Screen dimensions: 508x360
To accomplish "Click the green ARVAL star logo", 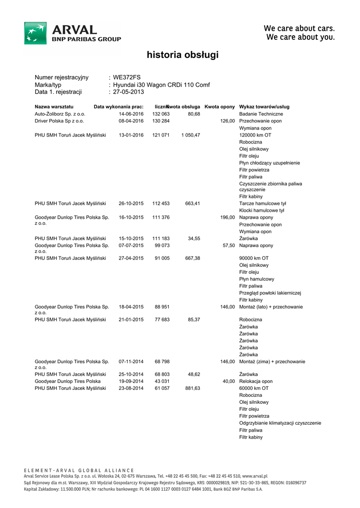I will tap(36, 33).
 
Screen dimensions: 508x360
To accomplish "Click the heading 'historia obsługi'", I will tap(182, 55).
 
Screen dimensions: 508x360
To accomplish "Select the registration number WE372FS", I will tap(127, 77).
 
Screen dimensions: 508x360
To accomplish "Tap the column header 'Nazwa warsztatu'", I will tap(54, 107).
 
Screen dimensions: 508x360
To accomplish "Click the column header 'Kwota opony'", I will tap(219, 107).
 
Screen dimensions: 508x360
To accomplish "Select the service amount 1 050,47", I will tap(191, 135).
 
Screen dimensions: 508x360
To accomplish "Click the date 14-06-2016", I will tap(131, 114).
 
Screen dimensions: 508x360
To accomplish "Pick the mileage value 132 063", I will tap(161, 114).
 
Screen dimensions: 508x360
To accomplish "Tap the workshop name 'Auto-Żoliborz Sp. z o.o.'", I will tap(60, 114).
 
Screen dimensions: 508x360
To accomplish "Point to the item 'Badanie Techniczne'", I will tap(261, 114).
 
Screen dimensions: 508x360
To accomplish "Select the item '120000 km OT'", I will tap(255, 135).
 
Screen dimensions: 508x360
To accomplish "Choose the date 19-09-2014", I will tap(131, 381).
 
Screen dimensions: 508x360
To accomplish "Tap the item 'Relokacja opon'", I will tap(256, 381).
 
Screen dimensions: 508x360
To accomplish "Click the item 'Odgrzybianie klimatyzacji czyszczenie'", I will tap(280, 423).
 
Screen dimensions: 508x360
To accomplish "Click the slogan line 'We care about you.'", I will tap(300, 37).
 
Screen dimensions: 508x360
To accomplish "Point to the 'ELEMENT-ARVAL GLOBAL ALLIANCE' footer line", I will tap(79, 470).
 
